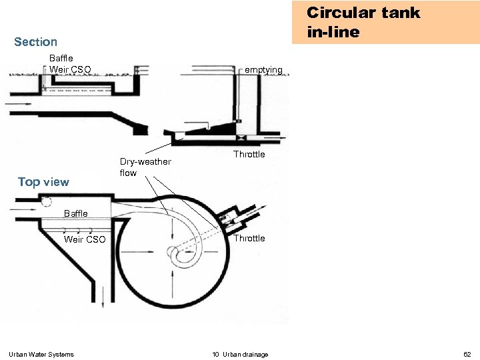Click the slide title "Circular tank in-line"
point(363,22)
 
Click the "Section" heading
point(35,42)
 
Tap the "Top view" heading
point(43,182)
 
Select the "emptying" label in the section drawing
point(264,70)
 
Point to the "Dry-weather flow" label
point(145,167)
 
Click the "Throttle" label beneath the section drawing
point(249,155)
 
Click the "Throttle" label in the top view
point(249,239)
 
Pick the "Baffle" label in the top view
point(75,214)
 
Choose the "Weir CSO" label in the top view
point(85,239)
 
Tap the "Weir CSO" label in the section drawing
point(70,69)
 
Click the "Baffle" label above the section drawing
point(61,59)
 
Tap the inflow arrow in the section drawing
point(17,104)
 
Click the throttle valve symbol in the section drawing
point(239,139)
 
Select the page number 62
point(467,354)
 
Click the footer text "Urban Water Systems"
point(41,354)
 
